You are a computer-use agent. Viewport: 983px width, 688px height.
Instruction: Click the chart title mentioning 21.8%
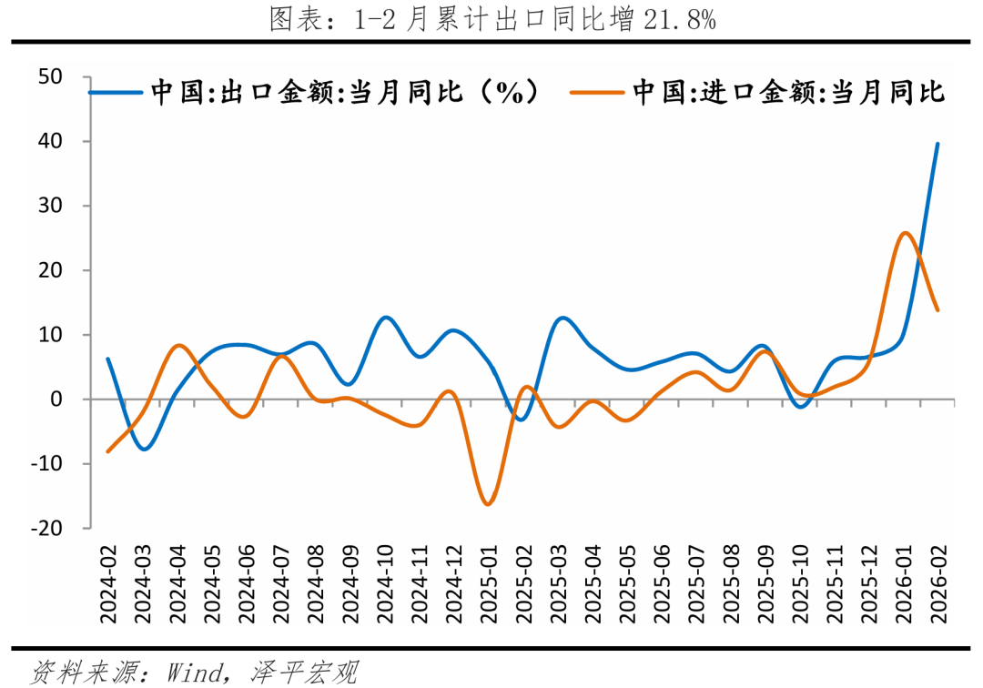(492, 19)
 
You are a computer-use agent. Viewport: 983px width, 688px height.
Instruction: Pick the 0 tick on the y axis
(56, 400)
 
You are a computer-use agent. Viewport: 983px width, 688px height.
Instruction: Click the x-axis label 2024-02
(109, 583)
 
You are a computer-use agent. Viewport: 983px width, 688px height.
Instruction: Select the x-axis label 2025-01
(487, 583)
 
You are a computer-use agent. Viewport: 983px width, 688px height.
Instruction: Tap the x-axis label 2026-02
(937, 583)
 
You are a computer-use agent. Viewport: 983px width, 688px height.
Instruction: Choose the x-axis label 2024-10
(384, 583)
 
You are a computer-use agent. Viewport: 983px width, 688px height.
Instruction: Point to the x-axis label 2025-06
(662, 583)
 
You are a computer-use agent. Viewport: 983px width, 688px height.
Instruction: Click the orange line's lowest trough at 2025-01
(488, 504)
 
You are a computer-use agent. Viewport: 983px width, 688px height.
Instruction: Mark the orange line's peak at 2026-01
(904, 233)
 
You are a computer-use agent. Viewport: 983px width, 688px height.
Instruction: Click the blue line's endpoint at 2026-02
(937, 144)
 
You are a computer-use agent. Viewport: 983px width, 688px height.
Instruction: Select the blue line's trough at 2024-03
(144, 449)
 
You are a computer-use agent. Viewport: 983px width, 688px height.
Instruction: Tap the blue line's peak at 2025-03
(562, 318)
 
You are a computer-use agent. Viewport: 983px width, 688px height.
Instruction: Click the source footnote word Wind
(195, 673)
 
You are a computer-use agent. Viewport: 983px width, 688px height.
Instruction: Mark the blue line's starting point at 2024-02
(108, 359)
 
